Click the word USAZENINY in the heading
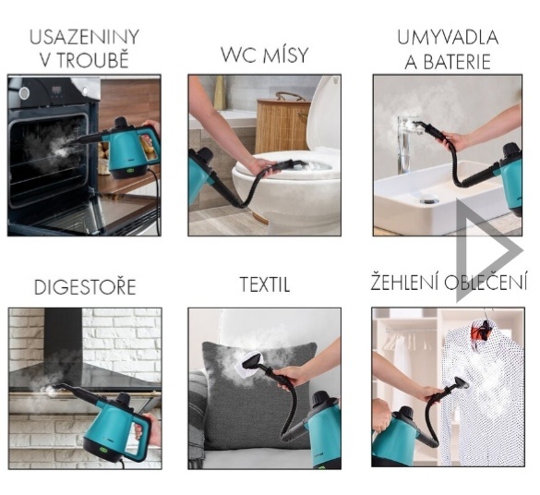pos(84,37)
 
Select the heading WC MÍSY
pos(264,54)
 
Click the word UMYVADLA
pos(448,37)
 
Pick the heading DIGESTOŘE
pos(85,287)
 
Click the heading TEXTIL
pos(265,284)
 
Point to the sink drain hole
pos(428,199)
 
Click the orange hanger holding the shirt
pos(482,329)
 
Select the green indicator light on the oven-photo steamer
pos(131,170)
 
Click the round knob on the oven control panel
pos(24,92)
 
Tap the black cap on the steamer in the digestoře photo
pos(122,400)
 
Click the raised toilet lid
pos(324,114)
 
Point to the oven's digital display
pos(57,91)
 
